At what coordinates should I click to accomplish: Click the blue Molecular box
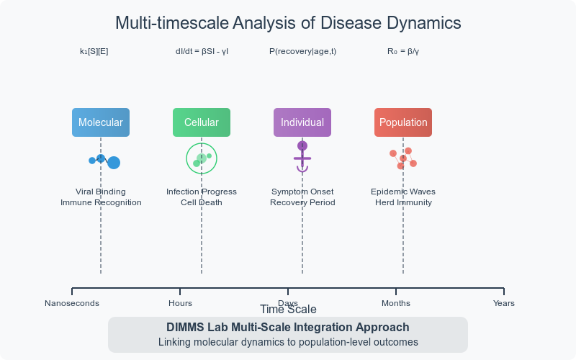tap(101, 122)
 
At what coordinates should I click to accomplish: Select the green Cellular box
tap(202, 122)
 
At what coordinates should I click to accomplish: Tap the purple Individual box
tap(302, 122)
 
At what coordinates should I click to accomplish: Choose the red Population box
tap(403, 122)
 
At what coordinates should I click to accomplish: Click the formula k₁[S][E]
tap(94, 52)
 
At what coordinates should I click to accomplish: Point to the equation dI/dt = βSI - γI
tap(202, 52)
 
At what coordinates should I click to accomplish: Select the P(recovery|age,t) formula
tap(302, 52)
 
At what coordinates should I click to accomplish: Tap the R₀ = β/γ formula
tap(403, 52)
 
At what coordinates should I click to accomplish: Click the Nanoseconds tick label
tap(72, 303)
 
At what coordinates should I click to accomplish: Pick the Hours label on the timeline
tap(180, 303)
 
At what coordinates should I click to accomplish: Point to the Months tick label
tap(396, 303)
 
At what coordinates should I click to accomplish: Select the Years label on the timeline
tap(504, 303)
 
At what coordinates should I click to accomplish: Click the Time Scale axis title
tap(288, 310)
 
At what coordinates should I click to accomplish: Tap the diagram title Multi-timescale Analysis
tap(288, 23)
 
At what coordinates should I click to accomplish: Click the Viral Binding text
tap(101, 192)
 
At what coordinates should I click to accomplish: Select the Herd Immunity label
tap(403, 202)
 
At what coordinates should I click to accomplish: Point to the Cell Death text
tap(202, 202)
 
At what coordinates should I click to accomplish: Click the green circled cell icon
tap(202, 158)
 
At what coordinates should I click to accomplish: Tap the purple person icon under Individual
tap(302, 156)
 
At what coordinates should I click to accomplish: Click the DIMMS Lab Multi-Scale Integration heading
tap(288, 328)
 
